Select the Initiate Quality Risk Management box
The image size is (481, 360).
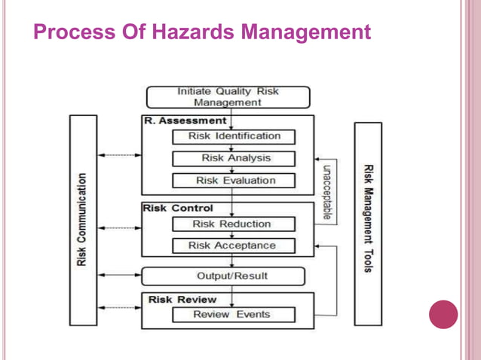(227, 97)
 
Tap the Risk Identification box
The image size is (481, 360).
(234, 136)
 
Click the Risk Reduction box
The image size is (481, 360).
(231, 224)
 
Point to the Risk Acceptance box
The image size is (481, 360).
(231, 246)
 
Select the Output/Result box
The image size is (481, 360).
(231, 276)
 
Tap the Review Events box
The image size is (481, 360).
(231, 314)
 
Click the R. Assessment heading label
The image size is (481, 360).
(185, 120)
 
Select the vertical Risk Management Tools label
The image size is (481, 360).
(368, 218)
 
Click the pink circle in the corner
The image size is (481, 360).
(443, 315)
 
